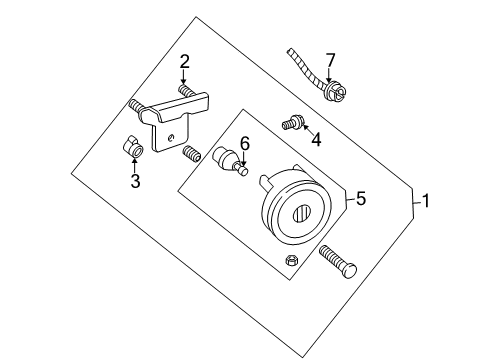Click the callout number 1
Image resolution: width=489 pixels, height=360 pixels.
[x=426, y=202]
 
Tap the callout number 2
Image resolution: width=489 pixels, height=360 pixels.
[x=184, y=63]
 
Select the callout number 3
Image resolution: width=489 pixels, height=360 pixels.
[x=134, y=181]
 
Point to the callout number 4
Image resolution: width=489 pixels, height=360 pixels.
[x=316, y=140]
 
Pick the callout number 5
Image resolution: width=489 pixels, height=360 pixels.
[x=361, y=199]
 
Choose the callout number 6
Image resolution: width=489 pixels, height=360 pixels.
[x=243, y=143]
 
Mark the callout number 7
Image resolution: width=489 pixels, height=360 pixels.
[x=330, y=59]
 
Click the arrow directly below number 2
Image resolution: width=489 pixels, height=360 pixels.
[x=184, y=79]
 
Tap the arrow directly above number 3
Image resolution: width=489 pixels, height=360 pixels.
[x=134, y=163]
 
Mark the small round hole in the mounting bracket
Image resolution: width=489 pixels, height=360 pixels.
[x=173, y=137]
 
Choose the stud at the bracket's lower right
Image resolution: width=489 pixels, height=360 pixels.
[x=190, y=153]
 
